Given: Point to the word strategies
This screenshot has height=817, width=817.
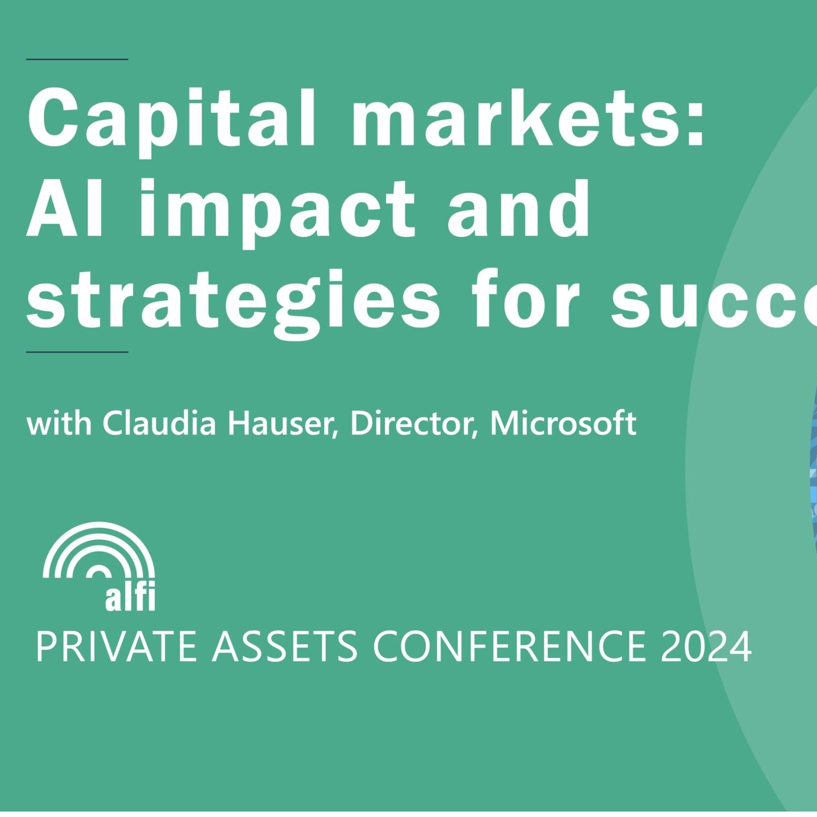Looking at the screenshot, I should [x=233, y=300].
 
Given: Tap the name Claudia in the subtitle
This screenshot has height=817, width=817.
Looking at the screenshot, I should [x=159, y=423].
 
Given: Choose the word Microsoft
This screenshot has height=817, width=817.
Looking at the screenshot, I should [x=563, y=423].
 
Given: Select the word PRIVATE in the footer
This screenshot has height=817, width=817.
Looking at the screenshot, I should [x=115, y=647].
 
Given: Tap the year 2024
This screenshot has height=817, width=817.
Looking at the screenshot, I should [x=706, y=647].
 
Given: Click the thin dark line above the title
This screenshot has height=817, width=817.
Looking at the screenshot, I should [x=77, y=59].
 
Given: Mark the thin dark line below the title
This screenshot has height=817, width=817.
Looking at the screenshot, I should [x=77, y=352].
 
